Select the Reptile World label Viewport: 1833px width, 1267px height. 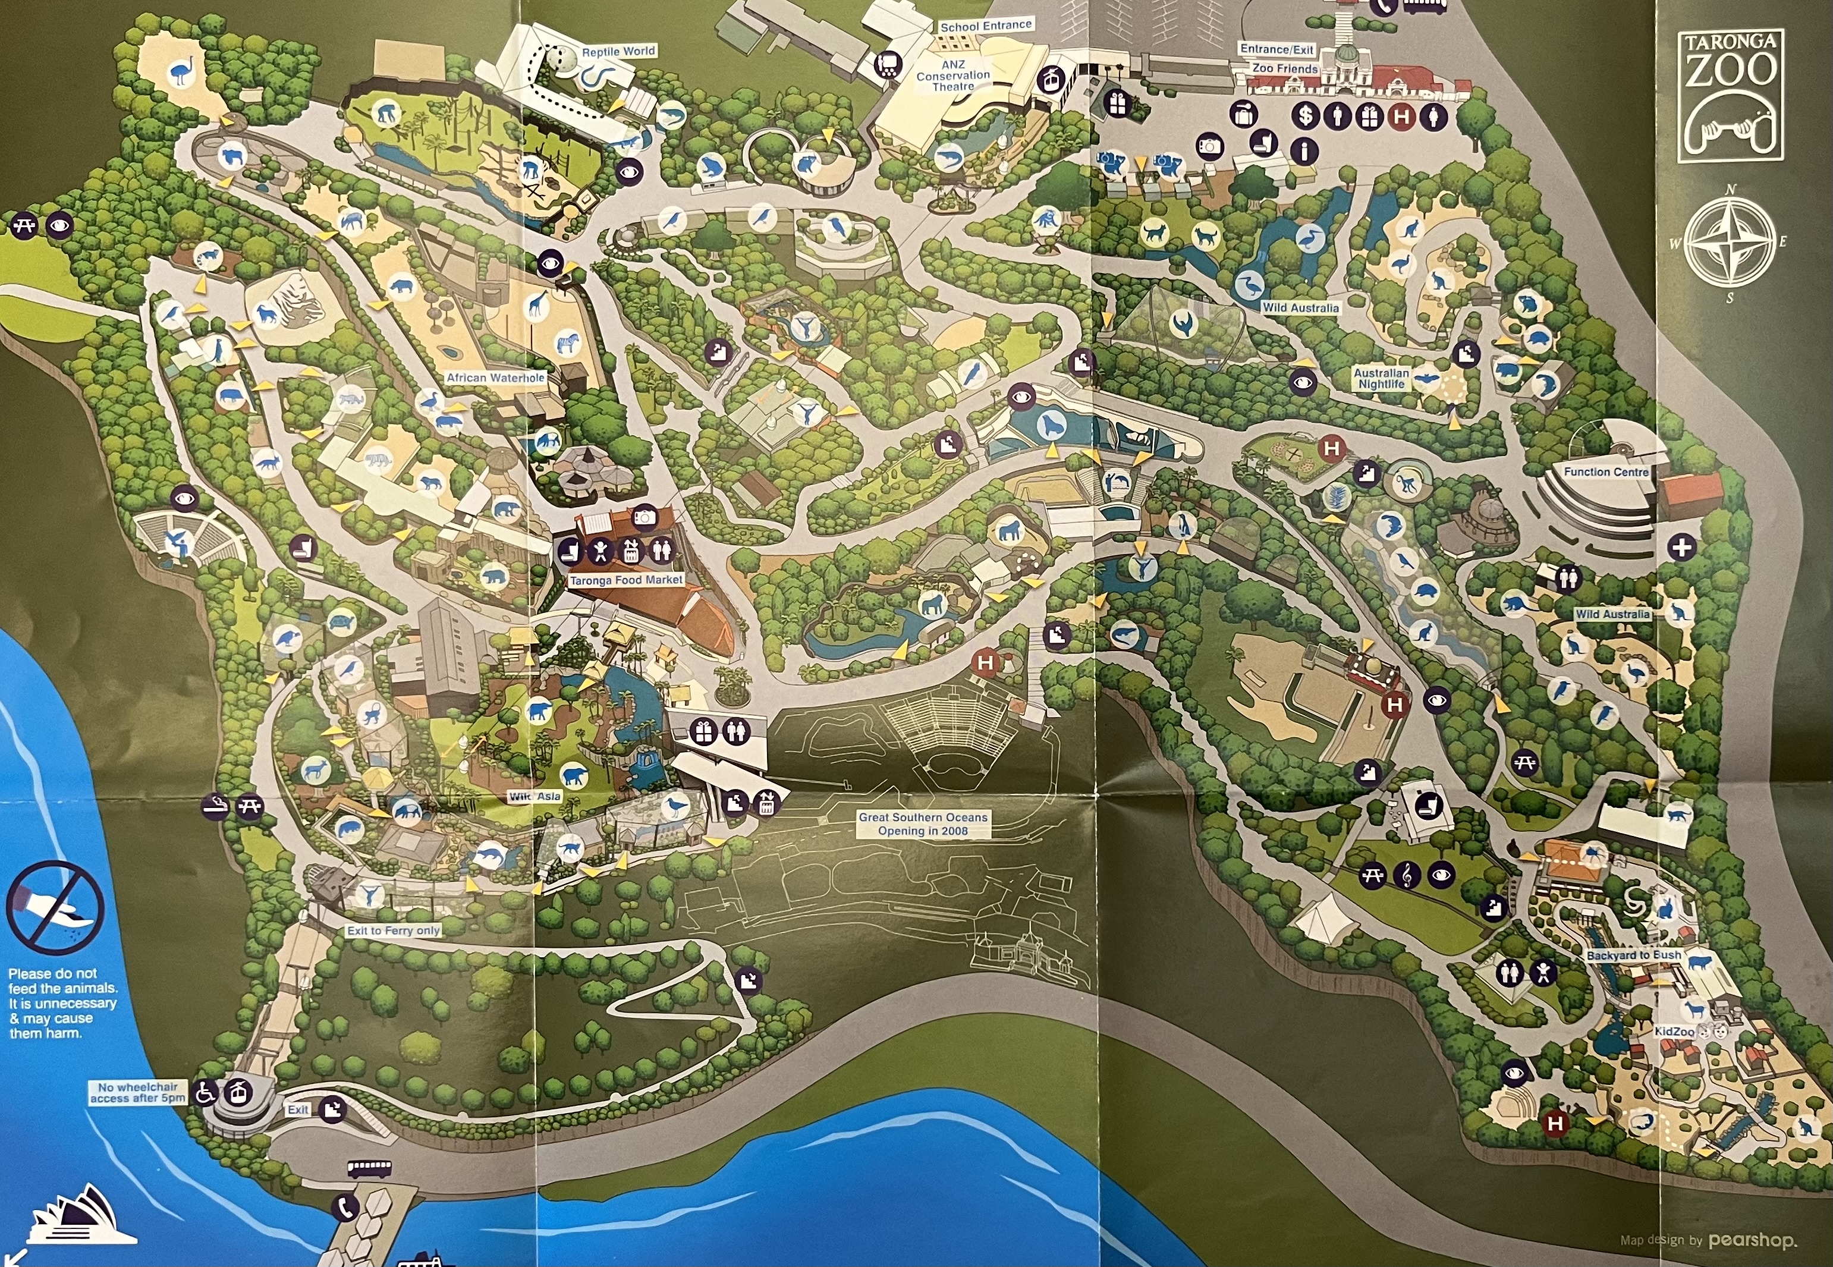(x=618, y=52)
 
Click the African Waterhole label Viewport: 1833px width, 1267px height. (x=495, y=378)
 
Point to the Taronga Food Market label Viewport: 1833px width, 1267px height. (x=625, y=580)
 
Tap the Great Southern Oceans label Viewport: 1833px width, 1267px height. (x=923, y=824)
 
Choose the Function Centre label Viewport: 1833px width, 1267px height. (x=1605, y=471)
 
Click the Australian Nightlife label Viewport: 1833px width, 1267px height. (x=1381, y=379)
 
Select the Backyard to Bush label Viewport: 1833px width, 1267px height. (x=1633, y=955)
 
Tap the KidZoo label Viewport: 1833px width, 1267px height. (x=1674, y=1032)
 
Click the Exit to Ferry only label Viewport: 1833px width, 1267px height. (x=393, y=930)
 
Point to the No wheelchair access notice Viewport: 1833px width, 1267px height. (x=137, y=1093)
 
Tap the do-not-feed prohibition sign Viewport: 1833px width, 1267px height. (x=55, y=907)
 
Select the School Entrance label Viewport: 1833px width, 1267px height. (x=985, y=26)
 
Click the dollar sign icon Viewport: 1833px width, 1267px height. (x=1305, y=116)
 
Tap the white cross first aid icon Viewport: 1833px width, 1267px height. (x=1681, y=547)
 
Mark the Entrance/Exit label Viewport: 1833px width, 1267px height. (x=1277, y=49)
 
